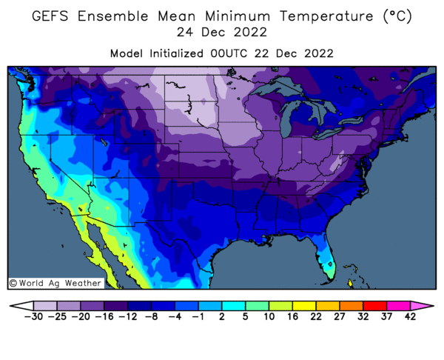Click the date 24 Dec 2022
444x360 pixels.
(221, 33)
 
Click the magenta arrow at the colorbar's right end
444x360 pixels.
(426, 305)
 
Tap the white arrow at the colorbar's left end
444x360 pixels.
(16, 305)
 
